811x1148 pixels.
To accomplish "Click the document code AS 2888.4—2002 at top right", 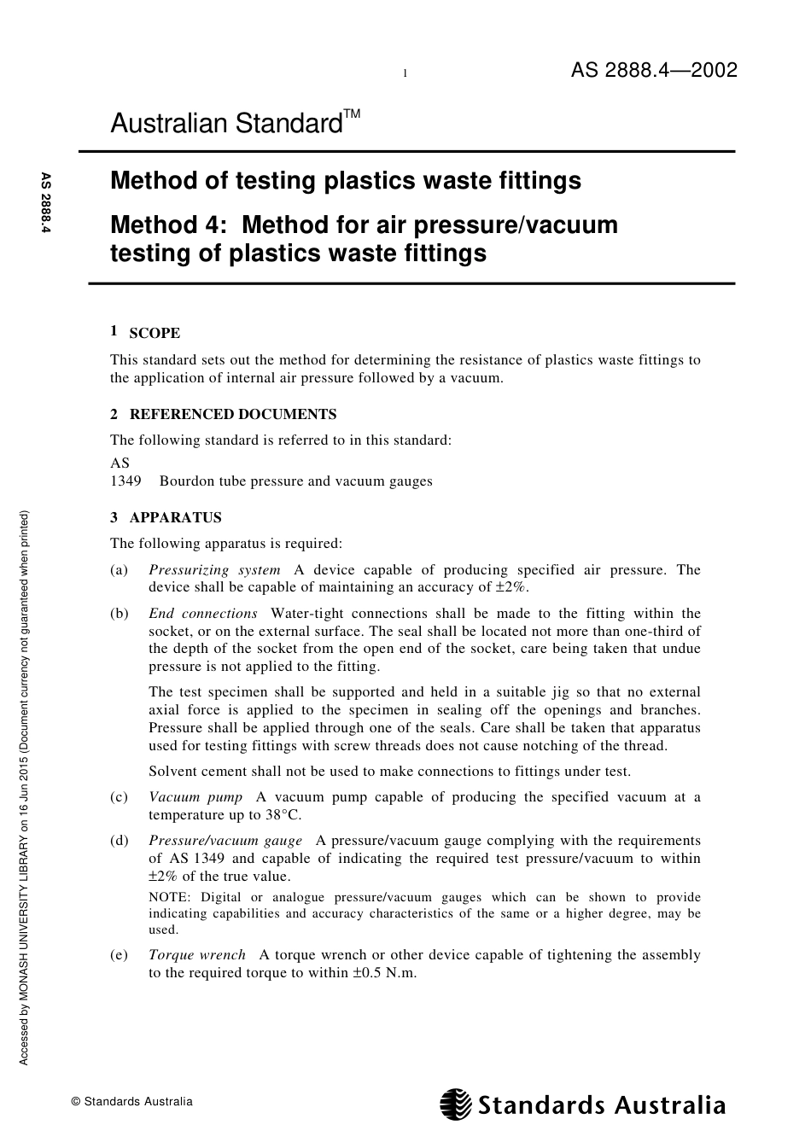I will [x=653, y=71].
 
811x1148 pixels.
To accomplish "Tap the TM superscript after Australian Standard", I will [x=353, y=114].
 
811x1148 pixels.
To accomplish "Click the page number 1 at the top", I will [x=405, y=74].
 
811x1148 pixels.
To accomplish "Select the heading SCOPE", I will [x=155, y=334].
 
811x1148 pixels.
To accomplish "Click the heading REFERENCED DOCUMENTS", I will [x=232, y=415].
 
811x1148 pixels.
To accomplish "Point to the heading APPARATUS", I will [x=175, y=518].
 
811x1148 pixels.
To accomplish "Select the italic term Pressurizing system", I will [x=214, y=570].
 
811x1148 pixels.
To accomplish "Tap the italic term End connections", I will [x=203, y=614].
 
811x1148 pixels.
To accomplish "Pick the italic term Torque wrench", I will [x=197, y=955].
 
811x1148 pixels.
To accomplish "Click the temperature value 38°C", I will [x=283, y=815].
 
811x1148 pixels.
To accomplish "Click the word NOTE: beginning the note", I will [x=169, y=897].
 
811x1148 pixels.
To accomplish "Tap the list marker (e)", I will [x=120, y=955].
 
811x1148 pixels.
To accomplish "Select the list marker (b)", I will [x=120, y=614].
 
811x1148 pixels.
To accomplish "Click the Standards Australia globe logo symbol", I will [x=456, y=1104].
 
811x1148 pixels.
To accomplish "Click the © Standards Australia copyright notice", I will [x=132, y=1102].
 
